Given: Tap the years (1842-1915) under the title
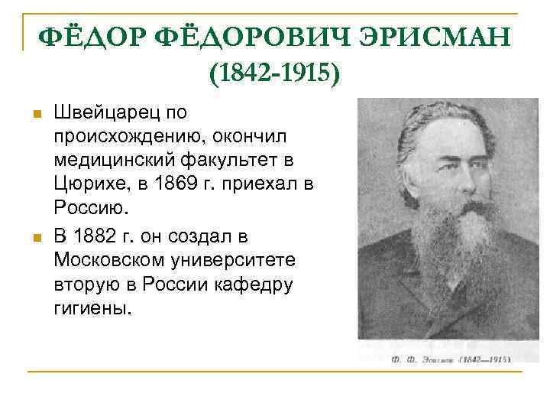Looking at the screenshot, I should (x=274, y=75).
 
